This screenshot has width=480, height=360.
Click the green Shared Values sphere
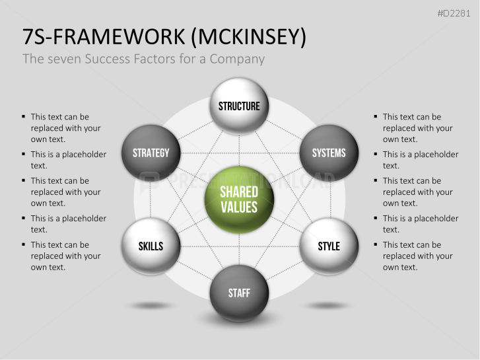pos(239,199)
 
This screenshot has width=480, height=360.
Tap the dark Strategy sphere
pos(151,153)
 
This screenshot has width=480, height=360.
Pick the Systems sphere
pos(328,153)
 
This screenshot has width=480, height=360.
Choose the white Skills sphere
pos(151,246)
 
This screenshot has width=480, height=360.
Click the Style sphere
pos(328,246)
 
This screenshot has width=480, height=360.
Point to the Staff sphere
pos(239,293)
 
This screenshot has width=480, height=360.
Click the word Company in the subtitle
pos(237,59)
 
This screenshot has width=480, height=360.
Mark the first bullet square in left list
pos(23,117)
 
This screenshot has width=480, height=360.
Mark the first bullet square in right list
pos(375,117)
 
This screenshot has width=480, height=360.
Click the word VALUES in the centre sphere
pos(239,207)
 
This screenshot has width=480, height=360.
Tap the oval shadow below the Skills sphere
pos(151,305)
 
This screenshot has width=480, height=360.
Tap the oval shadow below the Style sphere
pos(328,305)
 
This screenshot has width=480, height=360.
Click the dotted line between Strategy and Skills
pos(151,199)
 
